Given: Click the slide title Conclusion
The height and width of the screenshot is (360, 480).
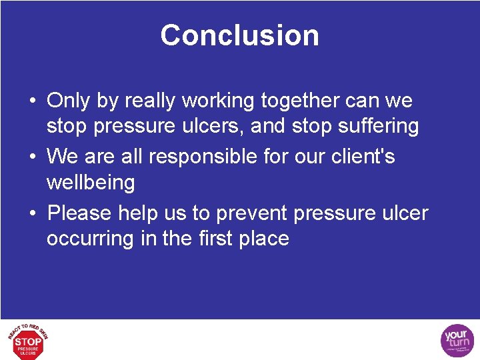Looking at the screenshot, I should click(x=239, y=35).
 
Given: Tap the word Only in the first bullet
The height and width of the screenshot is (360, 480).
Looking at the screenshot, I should click(x=68, y=101).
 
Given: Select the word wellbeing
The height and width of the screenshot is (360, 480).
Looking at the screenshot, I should click(x=90, y=182).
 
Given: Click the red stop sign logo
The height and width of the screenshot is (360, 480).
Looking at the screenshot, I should click(x=28, y=341).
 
